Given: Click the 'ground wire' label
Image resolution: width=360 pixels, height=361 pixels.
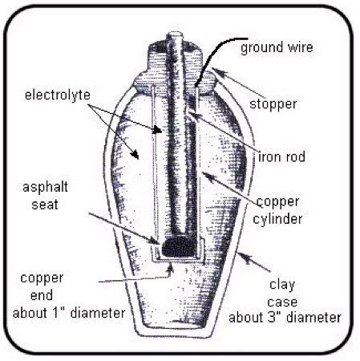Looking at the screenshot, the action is click(x=277, y=47).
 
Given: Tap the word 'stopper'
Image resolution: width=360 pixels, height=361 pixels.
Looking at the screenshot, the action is click(x=273, y=104).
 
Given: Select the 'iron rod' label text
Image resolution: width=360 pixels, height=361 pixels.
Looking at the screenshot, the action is click(x=281, y=156).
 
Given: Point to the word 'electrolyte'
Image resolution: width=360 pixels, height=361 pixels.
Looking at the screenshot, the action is click(x=58, y=95).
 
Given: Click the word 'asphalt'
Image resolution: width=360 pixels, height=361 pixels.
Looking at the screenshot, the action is click(x=45, y=187).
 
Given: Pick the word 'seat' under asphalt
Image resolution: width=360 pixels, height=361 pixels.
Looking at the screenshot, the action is click(x=45, y=205).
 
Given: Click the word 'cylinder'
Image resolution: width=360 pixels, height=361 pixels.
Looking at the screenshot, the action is click(x=277, y=219).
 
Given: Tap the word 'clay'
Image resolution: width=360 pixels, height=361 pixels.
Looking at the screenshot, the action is click(x=282, y=285).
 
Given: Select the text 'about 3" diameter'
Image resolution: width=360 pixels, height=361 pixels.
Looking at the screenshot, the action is click(x=285, y=318).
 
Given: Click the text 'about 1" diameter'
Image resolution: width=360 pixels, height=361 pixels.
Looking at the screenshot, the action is click(x=69, y=313).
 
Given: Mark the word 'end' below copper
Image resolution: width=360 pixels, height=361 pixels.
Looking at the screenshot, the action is click(x=42, y=295).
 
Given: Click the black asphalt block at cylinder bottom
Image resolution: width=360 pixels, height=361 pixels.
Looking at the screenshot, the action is click(x=179, y=246).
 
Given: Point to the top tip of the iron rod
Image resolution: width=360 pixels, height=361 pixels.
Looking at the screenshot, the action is click(x=175, y=34).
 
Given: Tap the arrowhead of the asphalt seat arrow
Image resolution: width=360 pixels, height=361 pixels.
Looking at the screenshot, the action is click(x=157, y=241).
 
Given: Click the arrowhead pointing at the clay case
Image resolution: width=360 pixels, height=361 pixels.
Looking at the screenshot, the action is click(x=242, y=256).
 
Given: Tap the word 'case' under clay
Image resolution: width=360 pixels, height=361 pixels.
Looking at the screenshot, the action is click(x=282, y=302).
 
